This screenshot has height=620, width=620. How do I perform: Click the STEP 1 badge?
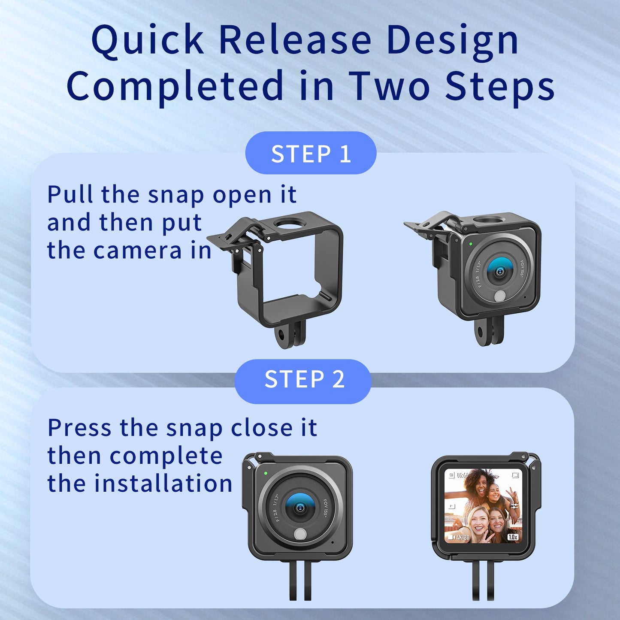[311, 153]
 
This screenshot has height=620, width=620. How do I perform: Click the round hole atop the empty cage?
[290, 223]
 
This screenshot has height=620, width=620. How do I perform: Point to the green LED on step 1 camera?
[471, 244]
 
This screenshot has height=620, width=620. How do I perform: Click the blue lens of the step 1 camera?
[499, 271]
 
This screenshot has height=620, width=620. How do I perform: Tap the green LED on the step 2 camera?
[266, 473]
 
